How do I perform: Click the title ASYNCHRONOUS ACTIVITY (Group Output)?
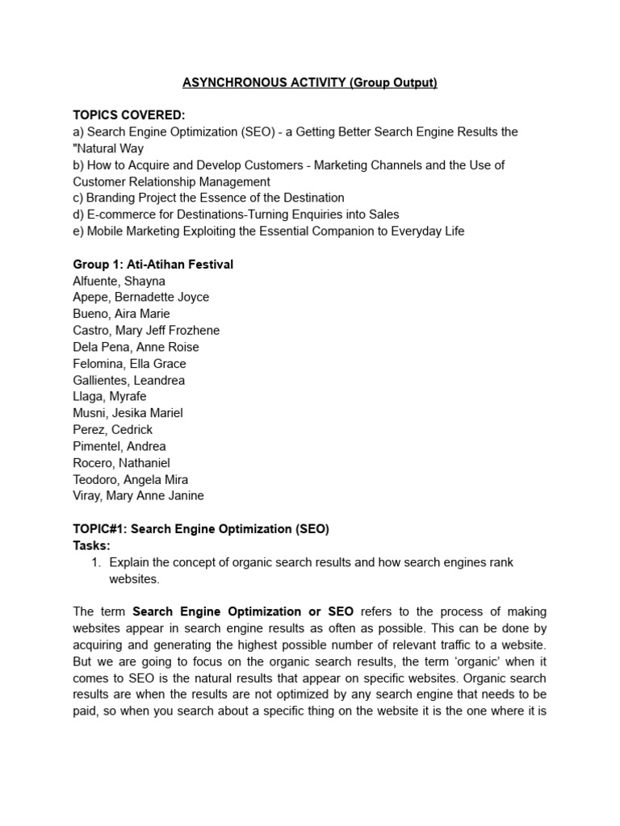tap(310, 83)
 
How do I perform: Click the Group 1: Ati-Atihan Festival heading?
tap(153, 265)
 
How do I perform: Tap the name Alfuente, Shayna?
tap(119, 281)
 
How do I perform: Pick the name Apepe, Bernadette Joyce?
tap(140, 297)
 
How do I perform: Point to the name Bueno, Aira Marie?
tap(121, 314)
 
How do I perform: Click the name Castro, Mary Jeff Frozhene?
tap(146, 330)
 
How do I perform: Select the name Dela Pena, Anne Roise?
tap(136, 347)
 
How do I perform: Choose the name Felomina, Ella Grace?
tap(129, 364)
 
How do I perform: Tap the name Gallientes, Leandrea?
tap(128, 380)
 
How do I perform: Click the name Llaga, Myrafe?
tap(111, 396)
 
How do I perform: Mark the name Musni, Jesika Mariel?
tap(128, 413)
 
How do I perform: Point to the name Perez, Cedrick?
tap(112, 430)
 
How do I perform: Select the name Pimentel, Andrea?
tap(119, 446)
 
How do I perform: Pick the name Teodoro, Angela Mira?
tap(130, 479)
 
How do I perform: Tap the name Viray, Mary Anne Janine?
tap(138, 496)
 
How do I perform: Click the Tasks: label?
tap(92, 545)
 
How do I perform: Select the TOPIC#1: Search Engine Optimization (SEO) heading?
tap(201, 529)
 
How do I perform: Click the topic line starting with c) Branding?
tap(208, 198)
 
